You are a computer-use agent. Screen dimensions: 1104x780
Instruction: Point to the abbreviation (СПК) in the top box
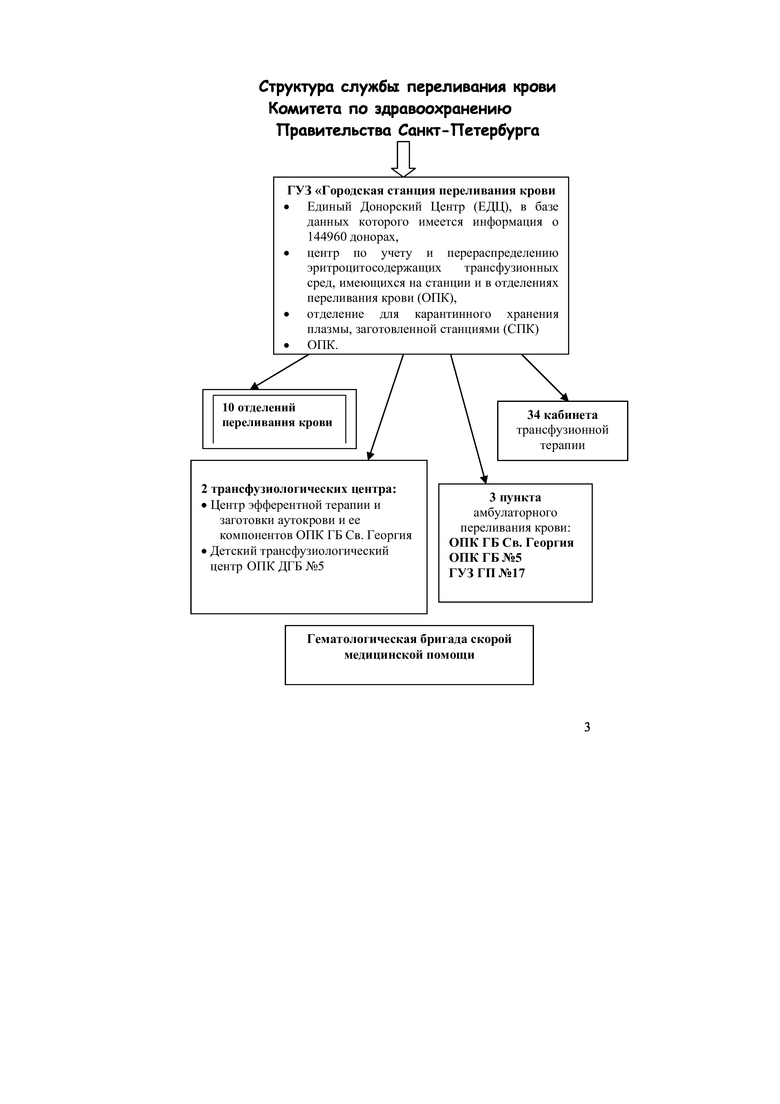click(521, 330)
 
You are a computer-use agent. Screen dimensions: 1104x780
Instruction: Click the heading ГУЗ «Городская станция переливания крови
click(421, 191)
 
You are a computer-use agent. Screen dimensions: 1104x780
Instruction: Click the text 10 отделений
click(259, 408)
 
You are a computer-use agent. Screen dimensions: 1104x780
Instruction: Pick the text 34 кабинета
click(562, 415)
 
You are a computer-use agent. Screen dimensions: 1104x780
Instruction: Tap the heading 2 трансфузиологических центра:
click(299, 489)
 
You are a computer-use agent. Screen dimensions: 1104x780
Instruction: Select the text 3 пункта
click(515, 498)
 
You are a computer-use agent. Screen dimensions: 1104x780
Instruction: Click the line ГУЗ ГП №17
click(487, 573)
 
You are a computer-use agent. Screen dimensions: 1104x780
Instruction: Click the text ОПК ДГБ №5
click(285, 566)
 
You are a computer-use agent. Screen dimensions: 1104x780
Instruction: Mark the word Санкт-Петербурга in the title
click(469, 131)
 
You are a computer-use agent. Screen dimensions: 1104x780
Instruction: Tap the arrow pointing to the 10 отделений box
click(280, 372)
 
